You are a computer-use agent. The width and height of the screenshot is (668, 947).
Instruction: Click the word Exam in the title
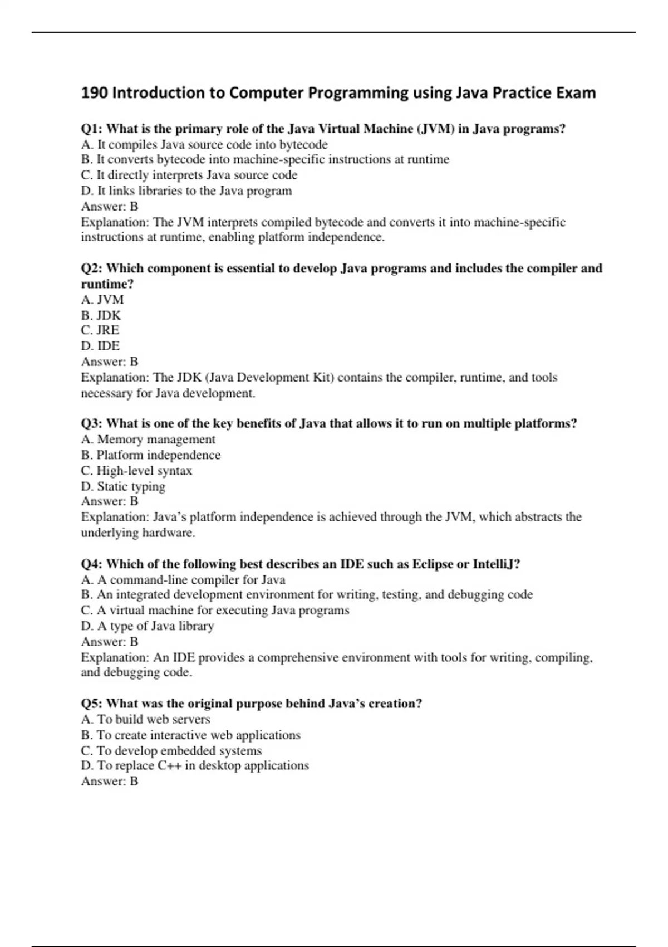tap(576, 92)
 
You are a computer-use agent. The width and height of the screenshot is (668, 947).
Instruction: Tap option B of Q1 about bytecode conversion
tap(265, 159)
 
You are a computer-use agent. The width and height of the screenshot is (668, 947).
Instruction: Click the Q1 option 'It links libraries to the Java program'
tap(186, 191)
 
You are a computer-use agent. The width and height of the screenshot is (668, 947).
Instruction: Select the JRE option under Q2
tap(100, 330)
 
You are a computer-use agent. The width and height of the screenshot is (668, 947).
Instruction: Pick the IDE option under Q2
tap(100, 345)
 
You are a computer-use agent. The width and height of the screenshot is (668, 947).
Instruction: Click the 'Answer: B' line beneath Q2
tap(110, 361)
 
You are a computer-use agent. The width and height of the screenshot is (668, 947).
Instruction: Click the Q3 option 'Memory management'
tap(148, 439)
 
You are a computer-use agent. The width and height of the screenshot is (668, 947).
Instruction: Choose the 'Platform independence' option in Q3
tap(151, 455)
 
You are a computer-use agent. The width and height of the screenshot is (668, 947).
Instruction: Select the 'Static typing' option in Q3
tap(123, 486)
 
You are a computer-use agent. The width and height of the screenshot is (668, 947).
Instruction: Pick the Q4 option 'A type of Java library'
tap(148, 626)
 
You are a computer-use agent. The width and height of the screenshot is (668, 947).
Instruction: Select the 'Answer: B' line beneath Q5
tap(110, 781)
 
